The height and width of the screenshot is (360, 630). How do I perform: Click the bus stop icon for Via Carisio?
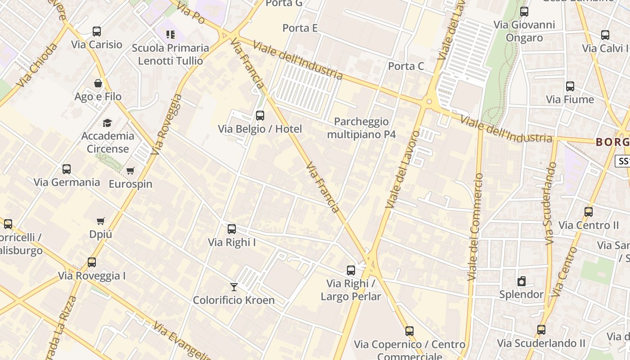point(97,31)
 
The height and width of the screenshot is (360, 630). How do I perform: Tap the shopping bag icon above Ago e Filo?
point(98,83)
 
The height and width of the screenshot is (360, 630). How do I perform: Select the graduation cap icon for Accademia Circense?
point(107,123)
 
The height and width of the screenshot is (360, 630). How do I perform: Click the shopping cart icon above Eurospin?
point(130,171)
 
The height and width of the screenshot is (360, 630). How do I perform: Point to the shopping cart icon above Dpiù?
point(101,221)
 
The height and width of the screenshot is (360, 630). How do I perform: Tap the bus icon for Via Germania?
point(67,169)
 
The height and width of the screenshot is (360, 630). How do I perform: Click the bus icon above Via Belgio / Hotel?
point(260,116)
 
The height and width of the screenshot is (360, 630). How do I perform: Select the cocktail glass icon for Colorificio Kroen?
point(234,287)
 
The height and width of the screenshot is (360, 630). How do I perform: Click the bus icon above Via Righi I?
point(232,229)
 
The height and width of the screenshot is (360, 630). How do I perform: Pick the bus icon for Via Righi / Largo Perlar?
point(351,270)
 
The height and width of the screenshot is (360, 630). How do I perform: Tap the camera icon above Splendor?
point(522,282)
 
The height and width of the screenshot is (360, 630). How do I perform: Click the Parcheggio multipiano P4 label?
point(361,128)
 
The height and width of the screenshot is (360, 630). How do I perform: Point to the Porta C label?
point(406,66)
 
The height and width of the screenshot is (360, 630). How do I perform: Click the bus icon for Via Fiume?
point(570,86)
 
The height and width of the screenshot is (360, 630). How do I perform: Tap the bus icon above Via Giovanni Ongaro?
point(524,12)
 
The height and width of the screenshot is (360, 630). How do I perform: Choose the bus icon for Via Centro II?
point(589,212)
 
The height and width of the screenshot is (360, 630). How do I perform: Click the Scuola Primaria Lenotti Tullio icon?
point(171,35)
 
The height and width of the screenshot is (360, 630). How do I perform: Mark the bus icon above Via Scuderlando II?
point(541,330)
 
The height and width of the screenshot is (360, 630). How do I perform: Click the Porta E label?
point(300,28)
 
